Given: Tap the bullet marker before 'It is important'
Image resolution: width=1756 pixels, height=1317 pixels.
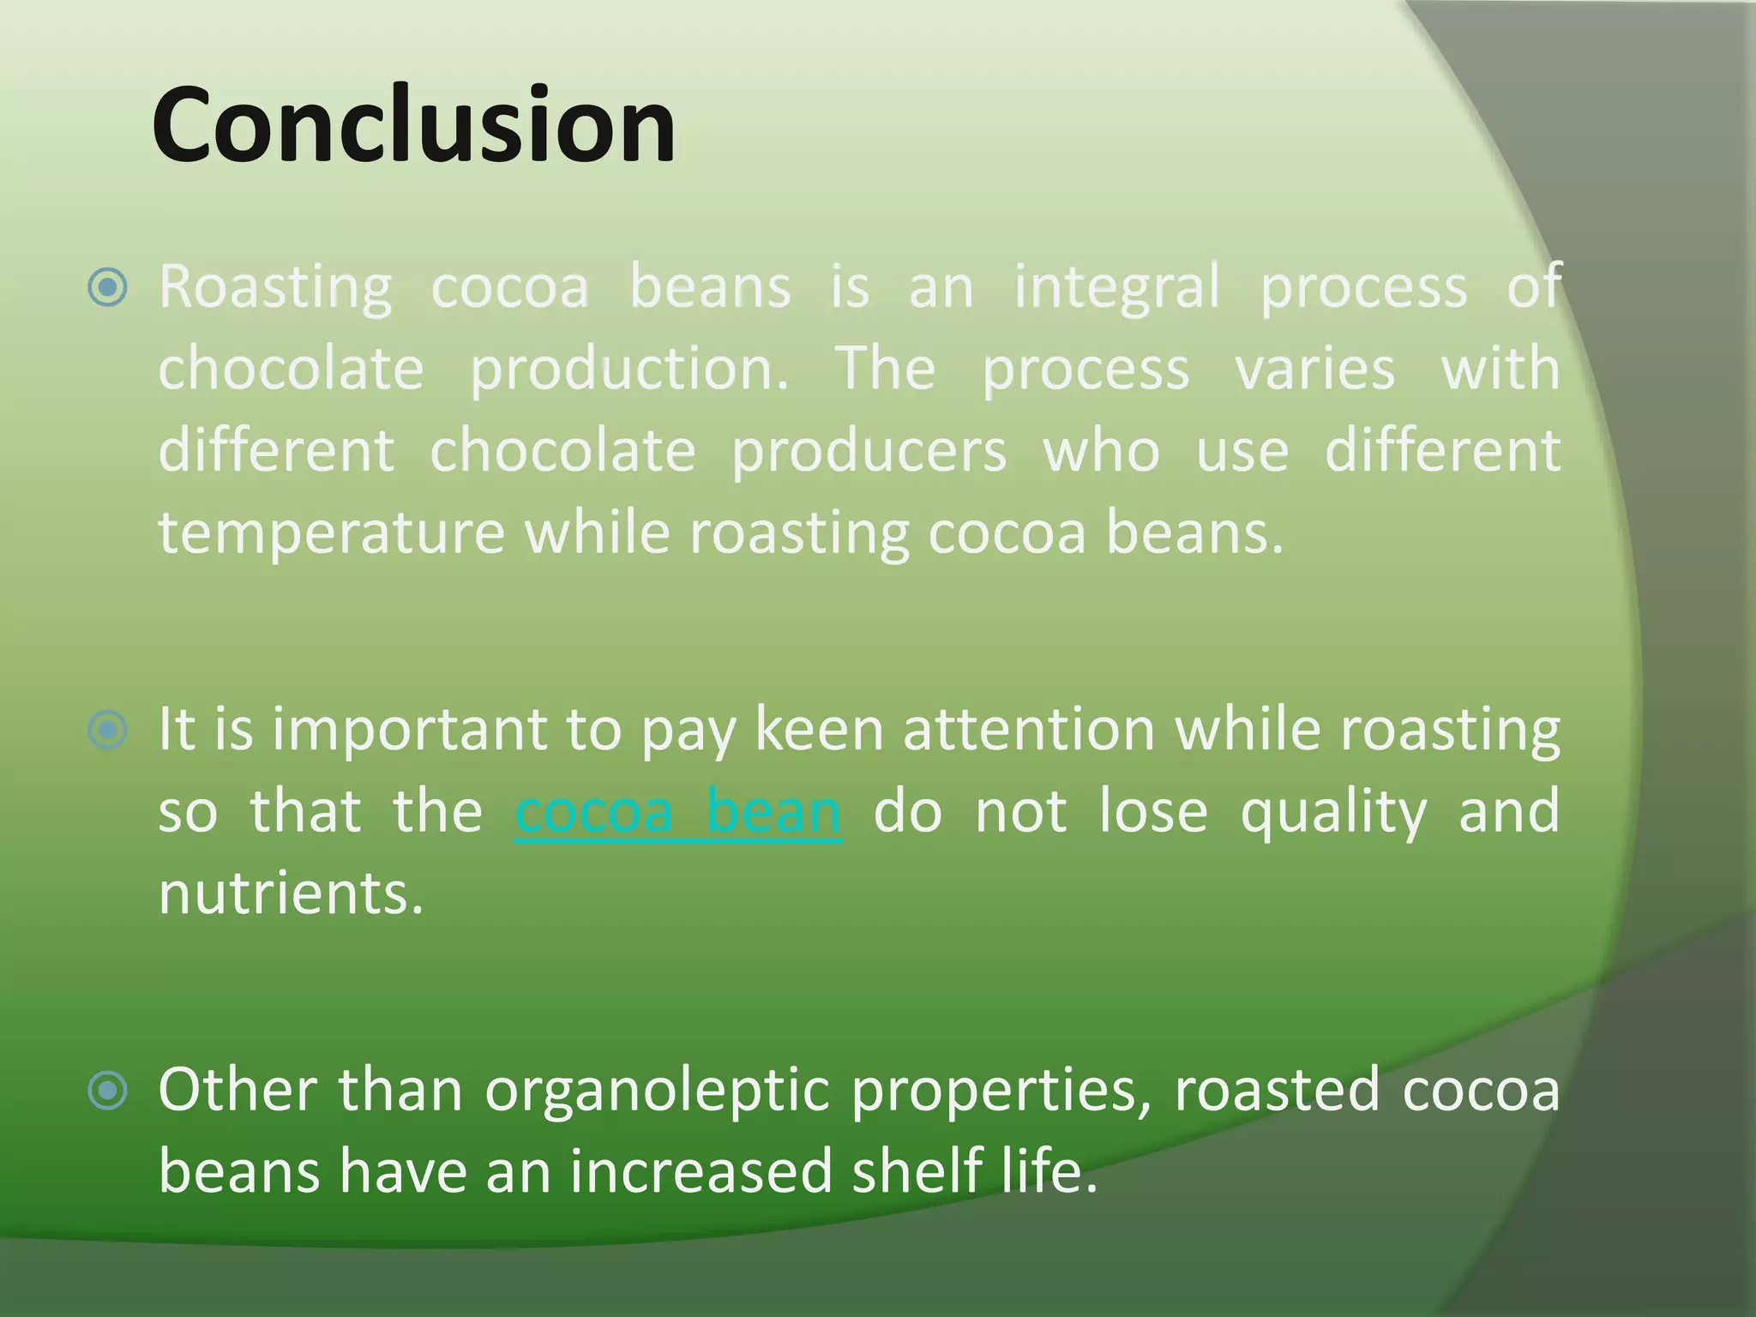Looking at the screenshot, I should click(108, 730).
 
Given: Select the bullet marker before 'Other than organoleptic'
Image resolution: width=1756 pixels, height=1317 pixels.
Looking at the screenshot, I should click(108, 1091).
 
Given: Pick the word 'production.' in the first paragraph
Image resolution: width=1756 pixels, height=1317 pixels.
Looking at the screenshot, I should click(630, 369).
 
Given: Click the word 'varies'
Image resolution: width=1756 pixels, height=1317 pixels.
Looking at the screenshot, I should click(1314, 369).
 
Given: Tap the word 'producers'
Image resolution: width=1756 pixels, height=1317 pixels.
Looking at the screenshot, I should click(869, 451).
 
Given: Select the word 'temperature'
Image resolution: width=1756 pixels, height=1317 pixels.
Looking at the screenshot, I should click(332, 532).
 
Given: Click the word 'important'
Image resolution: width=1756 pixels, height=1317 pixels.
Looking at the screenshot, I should click(409, 730).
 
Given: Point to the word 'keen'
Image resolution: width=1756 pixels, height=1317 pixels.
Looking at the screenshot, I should click(819, 730).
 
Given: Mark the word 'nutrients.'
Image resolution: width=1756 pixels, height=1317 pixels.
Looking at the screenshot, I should click(292, 893).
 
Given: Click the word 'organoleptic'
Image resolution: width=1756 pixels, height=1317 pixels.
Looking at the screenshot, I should click(658, 1091).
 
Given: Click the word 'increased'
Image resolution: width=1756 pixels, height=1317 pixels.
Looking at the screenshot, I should click(701, 1171).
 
